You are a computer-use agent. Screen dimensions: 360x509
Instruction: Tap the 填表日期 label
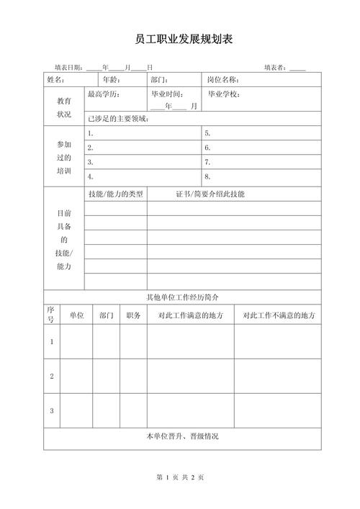pos(69,68)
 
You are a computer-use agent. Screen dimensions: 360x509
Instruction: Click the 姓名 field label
pos(55,80)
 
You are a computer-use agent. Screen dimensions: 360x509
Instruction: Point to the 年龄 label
pos(111,80)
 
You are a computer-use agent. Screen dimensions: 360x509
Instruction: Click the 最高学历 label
pos(104,94)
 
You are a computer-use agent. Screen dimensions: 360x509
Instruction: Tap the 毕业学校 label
pos(224,94)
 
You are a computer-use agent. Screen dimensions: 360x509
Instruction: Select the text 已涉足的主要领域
pos(118,119)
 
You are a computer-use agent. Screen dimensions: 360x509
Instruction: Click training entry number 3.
pos(90,162)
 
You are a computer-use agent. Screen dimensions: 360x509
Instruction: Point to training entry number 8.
pos(207,176)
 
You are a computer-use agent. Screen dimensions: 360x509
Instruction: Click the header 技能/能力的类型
pos(115,194)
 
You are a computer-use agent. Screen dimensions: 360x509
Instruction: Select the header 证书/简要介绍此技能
pos(210,194)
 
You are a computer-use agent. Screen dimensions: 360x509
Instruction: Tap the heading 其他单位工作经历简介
pos(182,297)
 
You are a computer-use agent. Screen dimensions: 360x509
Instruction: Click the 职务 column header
pos(133,315)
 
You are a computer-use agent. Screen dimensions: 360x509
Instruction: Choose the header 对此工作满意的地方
pos(190,315)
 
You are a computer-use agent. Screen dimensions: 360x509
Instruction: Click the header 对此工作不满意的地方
pos(279,315)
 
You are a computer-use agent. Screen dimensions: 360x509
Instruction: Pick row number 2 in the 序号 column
pos(52,376)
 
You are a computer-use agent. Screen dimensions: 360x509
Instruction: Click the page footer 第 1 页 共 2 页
pos(180,478)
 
